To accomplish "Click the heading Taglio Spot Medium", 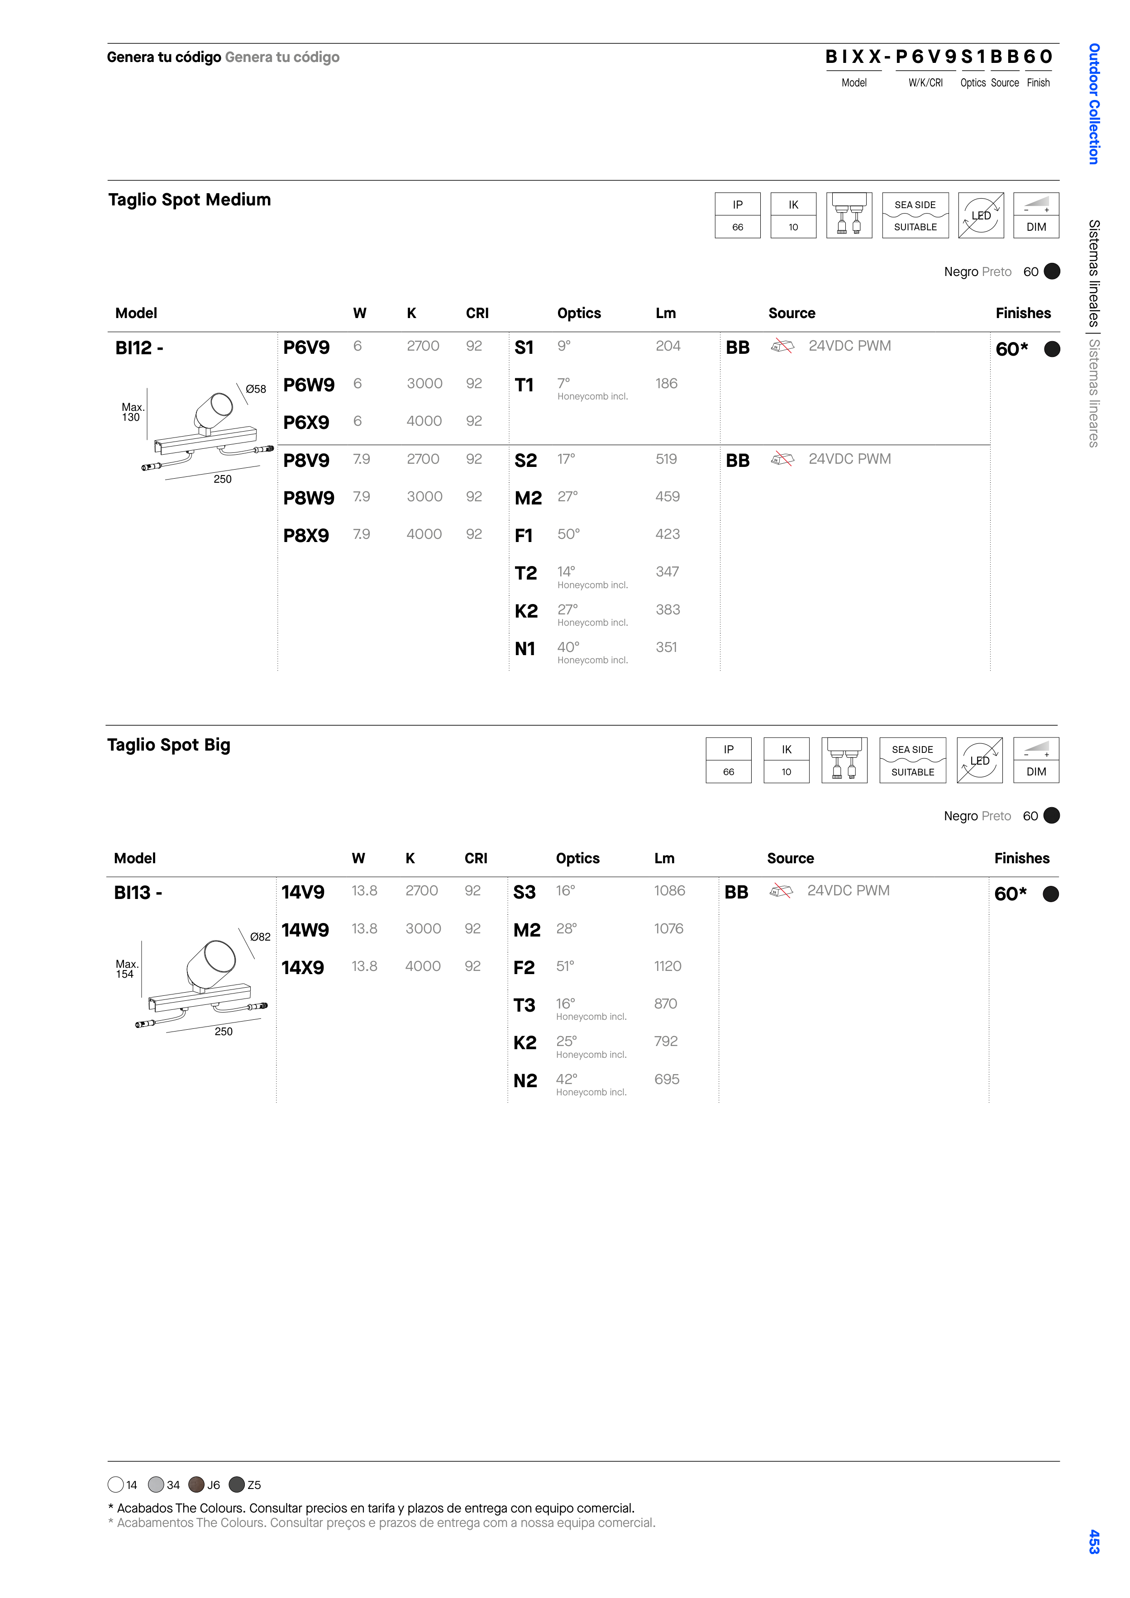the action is point(189,200).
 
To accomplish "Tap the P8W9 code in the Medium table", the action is point(309,498).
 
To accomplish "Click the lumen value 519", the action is point(666,459).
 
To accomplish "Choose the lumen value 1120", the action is point(668,966).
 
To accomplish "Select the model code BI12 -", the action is point(139,347).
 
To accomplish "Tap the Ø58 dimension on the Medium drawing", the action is point(256,389).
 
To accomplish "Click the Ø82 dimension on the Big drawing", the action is point(260,937).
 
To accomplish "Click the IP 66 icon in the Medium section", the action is point(737,215).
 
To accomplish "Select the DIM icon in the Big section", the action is point(1036,760).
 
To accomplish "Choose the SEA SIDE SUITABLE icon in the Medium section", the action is point(915,215).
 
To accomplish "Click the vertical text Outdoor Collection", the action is point(1094,104).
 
